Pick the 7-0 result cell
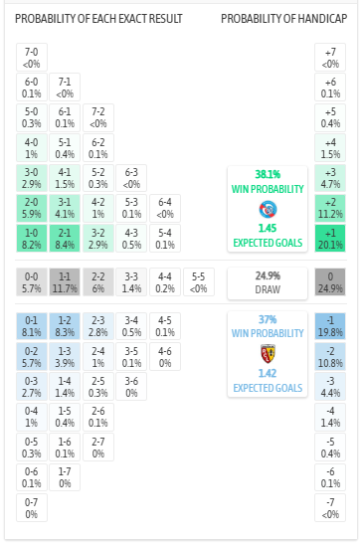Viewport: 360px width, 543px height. coord(32,58)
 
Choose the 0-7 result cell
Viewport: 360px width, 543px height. coord(32,507)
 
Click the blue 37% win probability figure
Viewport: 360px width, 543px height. coord(268,319)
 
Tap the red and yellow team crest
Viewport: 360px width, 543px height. coord(268,351)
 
